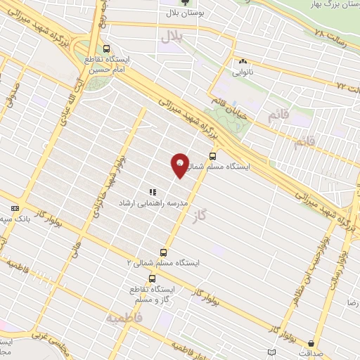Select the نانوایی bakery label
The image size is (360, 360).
[x=243, y=71]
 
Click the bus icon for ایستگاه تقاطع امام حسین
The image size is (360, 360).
[x=106, y=49]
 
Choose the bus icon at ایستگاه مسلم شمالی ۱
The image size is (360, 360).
[x=212, y=157]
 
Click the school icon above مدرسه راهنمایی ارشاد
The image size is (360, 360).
[x=152, y=191]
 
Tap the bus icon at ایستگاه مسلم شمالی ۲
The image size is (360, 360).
[x=164, y=252]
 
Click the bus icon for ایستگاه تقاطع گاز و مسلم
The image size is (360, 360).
[x=152, y=278]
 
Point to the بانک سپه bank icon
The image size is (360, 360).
[x=15, y=208]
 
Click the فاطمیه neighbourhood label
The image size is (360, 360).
[x=124, y=318]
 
